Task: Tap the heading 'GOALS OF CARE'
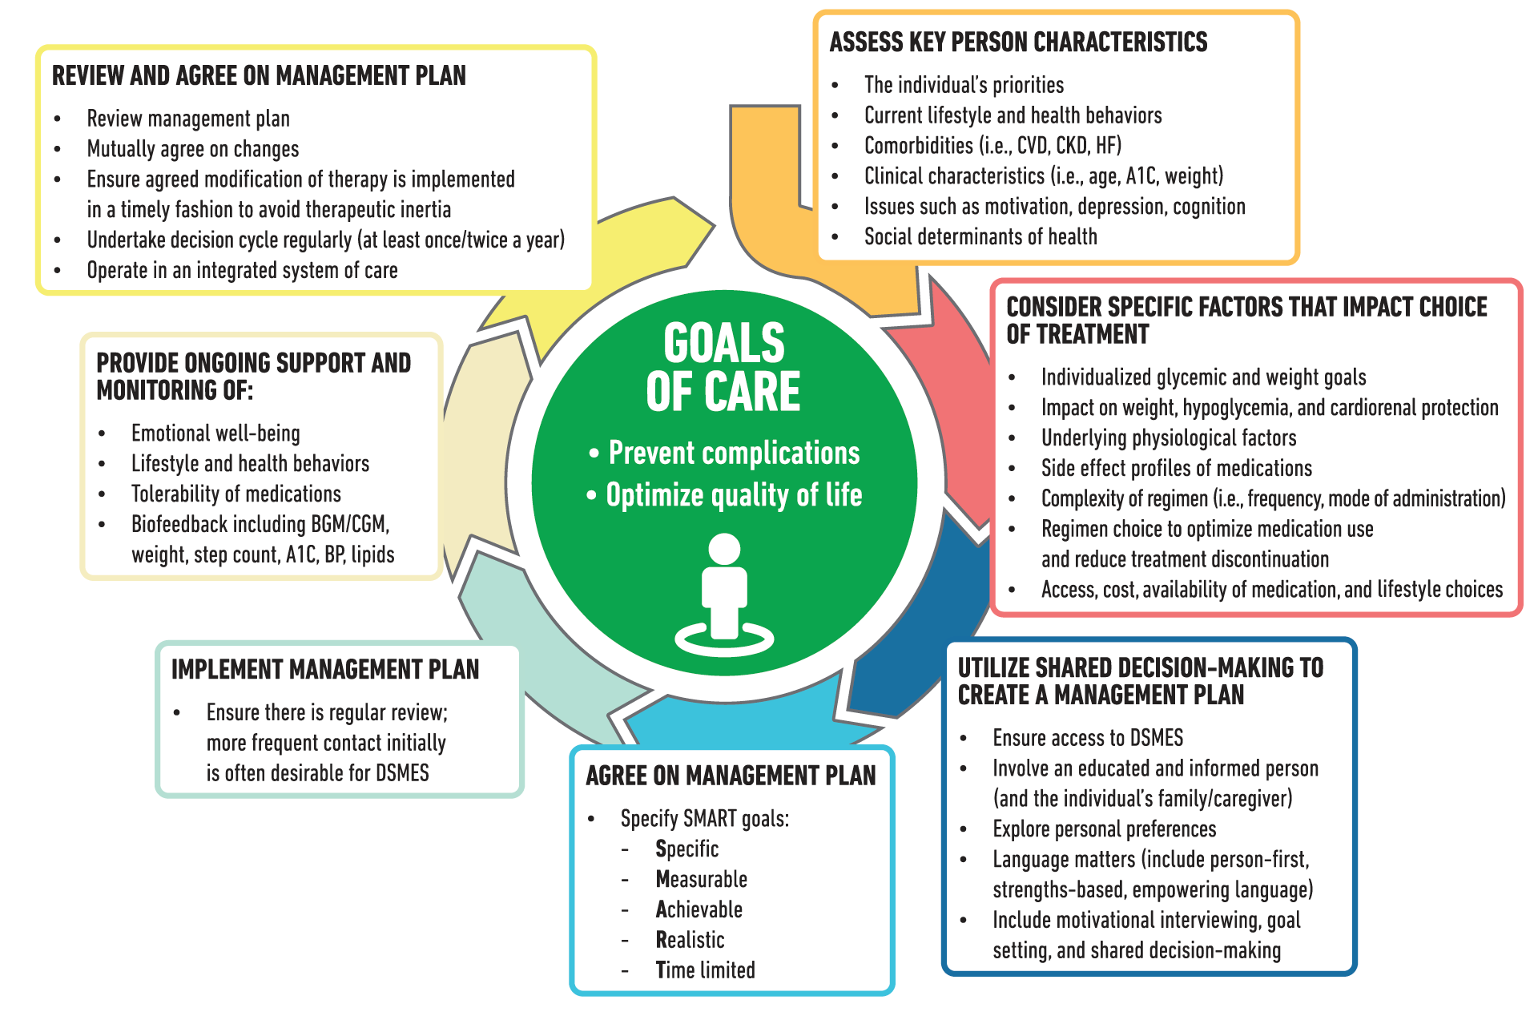pos(723,367)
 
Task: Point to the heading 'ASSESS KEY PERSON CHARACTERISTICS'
pos(1018,42)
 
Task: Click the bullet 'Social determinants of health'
pos(980,237)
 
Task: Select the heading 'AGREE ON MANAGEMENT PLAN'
pos(731,776)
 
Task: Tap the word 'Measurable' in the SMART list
pos(701,880)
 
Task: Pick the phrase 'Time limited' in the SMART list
pos(705,970)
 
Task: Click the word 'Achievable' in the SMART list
pos(699,910)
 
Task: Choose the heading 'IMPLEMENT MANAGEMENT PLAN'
pos(325,670)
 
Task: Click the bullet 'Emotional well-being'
pos(215,433)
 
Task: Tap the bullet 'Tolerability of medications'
pos(236,494)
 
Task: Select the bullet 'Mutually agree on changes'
pos(193,150)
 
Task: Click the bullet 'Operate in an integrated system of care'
pos(242,271)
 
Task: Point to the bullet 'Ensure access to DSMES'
pos(1088,738)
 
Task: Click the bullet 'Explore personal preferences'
pos(1104,829)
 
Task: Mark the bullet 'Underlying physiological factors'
pos(1169,438)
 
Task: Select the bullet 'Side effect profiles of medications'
pos(1177,469)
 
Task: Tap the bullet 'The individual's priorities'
pos(964,85)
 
